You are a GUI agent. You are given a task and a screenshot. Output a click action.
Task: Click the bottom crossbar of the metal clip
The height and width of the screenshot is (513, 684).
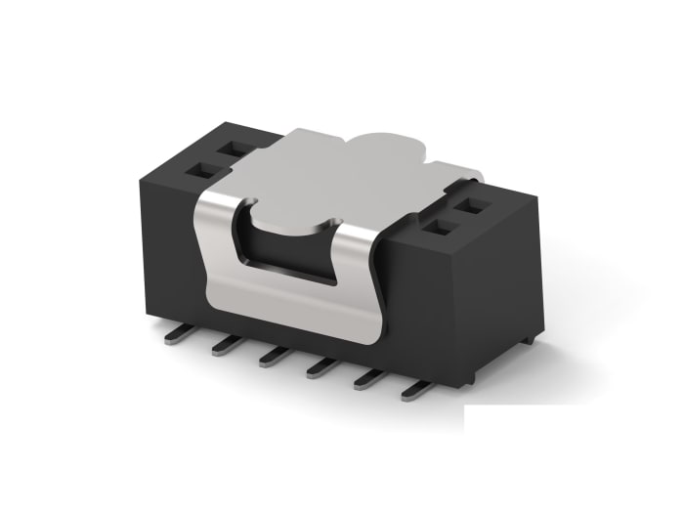(293, 313)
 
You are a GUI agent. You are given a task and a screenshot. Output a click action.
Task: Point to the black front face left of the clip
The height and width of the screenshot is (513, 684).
(166, 254)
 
